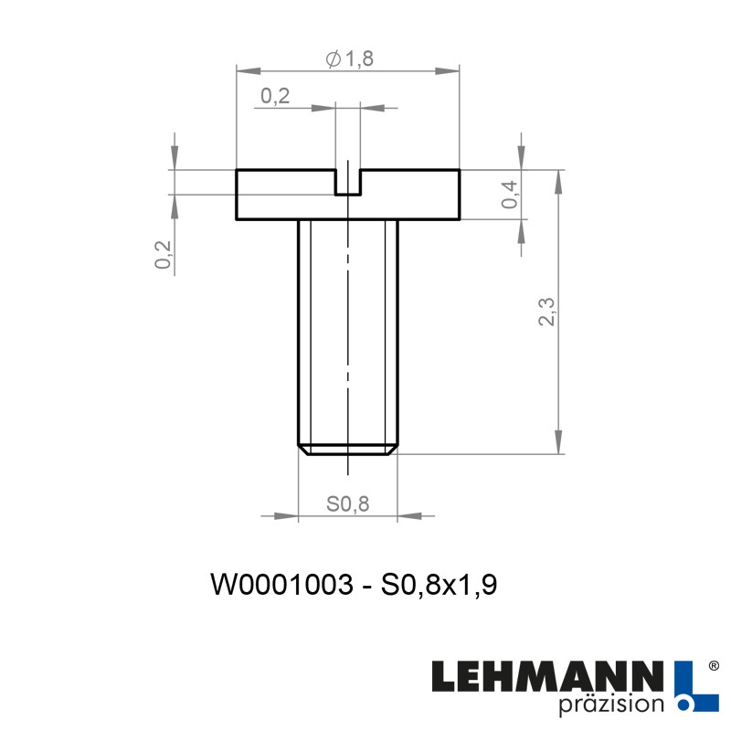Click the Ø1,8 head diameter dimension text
coord(350,59)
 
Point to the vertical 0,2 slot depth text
coord(164,254)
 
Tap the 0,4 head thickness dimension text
coord(511,195)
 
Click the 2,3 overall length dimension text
coord(547,311)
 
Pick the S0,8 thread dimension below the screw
coord(347,505)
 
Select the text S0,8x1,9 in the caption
coord(440,585)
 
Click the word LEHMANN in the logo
coord(547,677)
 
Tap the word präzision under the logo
coord(609,704)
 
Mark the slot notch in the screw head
coord(348,182)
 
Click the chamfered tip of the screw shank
coord(348,450)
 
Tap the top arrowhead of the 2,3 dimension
coord(557,179)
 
